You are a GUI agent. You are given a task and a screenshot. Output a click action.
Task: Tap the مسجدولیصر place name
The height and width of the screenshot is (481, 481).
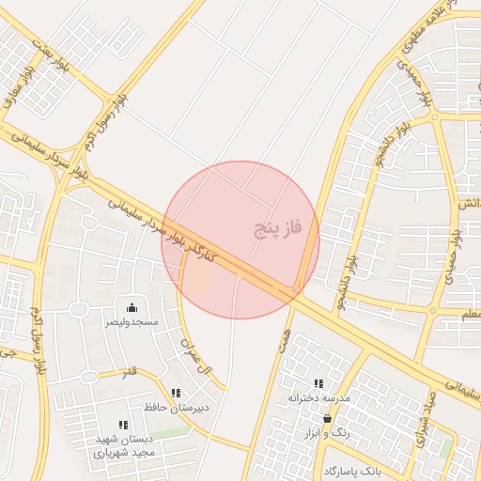pyautogui.click(x=132, y=322)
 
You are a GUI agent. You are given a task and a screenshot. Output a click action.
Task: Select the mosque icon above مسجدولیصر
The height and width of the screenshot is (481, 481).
pyautogui.click(x=132, y=307)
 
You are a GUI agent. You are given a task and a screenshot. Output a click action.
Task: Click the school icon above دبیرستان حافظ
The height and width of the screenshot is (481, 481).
pyautogui.click(x=176, y=393)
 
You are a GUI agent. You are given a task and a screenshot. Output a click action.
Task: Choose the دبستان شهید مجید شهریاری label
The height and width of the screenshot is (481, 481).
pyautogui.click(x=124, y=445)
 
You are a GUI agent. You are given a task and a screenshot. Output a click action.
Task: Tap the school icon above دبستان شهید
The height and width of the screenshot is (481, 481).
pyautogui.click(x=123, y=426)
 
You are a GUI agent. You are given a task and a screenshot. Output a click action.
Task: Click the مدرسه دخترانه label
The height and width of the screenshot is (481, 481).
pyautogui.click(x=319, y=398)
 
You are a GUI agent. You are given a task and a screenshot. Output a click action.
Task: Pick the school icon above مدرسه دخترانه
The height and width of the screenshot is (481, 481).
pyautogui.click(x=318, y=383)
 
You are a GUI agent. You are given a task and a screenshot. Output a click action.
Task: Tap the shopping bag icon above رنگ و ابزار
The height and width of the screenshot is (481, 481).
pyautogui.click(x=327, y=418)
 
